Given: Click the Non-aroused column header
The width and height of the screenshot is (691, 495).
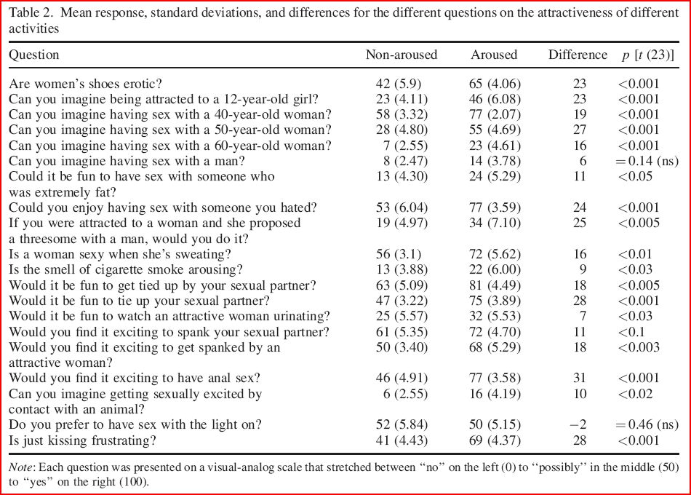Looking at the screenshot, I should [401, 55].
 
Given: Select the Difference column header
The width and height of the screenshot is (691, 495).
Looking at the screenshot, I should [577, 55].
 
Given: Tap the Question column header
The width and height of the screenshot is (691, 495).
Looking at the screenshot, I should [33, 55].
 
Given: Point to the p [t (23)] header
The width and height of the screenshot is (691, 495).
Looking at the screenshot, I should [647, 55].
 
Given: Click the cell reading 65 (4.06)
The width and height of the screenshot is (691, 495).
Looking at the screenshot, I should [494, 83].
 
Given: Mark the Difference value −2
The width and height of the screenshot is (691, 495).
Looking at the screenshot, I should [578, 425].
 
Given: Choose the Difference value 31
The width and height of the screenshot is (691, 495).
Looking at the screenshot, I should [580, 377].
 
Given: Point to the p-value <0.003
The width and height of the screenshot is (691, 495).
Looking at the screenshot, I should [639, 348].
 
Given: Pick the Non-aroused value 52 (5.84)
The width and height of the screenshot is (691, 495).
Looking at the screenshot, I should [401, 425].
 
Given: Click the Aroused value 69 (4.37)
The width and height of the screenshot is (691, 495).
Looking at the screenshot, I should [494, 440].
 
